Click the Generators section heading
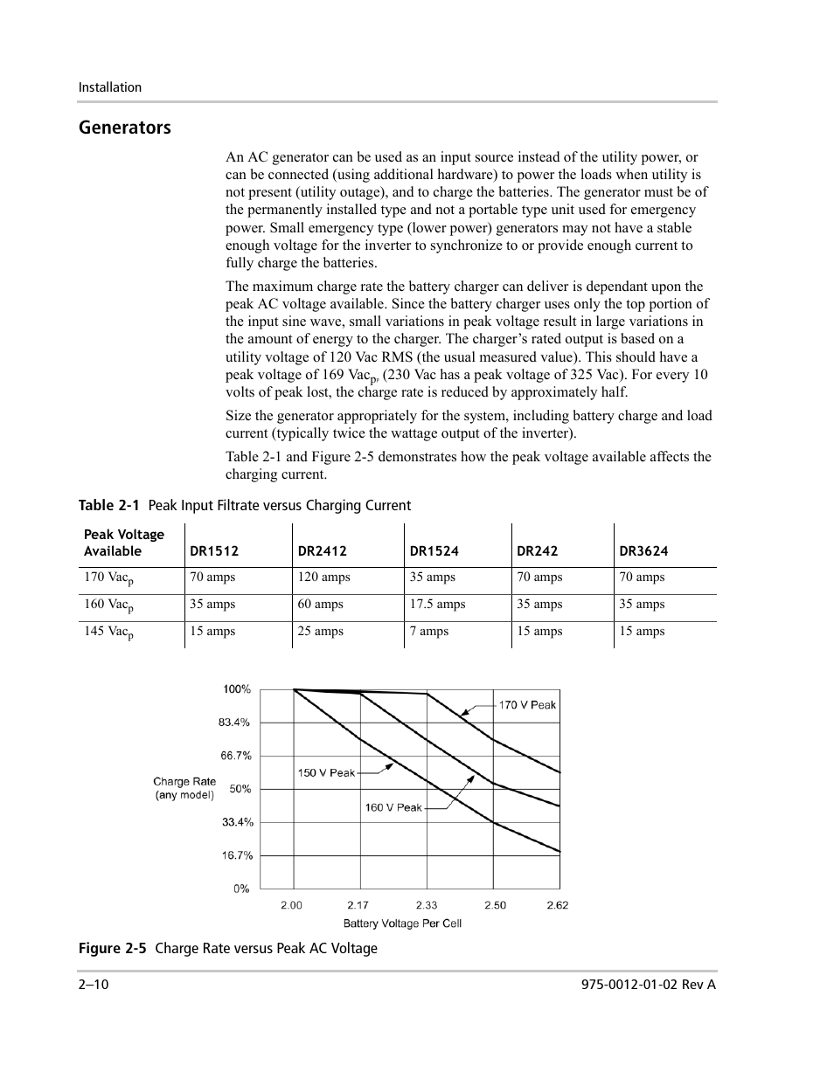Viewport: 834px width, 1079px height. [x=124, y=128]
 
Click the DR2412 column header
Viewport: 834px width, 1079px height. [x=322, y=551]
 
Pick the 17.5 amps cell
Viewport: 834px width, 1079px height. [x=437, y=605]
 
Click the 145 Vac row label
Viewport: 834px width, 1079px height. [x=108, y=633]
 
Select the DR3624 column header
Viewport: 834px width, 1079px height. [x=643, y=551]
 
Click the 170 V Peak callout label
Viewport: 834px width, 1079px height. [x=527, y=705]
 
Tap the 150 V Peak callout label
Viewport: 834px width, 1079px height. [x=326, y=772]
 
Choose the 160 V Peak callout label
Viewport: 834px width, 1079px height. [x=393, y=807]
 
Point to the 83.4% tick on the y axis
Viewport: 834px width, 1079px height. [x=234, y=723]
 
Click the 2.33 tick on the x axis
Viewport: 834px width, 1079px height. [x=427, y=905]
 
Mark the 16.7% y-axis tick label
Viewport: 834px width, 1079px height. [x=236, y=855]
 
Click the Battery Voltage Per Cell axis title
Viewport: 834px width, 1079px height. [x=402, y=923]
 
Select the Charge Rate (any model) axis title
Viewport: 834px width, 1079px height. [x=184, y=788]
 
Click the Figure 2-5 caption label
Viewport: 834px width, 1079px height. [x=112, y=949]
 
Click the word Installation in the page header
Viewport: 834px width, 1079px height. [x=110, y=87]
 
